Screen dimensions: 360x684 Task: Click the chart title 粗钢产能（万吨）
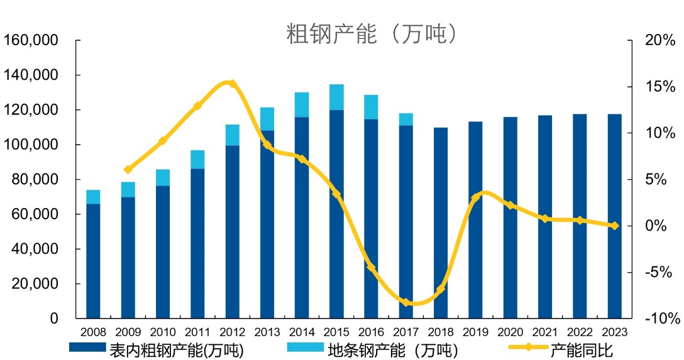(371, 34)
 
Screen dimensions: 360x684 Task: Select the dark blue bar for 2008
(93, 261)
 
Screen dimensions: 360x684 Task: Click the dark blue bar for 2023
(614, 217)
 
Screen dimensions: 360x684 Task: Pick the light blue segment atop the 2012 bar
(232, 135)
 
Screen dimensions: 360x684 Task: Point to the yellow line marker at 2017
(406, 302)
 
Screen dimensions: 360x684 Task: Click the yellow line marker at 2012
(231, 84)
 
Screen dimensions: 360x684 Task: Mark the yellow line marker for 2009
(128, 170)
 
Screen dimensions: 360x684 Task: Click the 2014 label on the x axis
(302, 331)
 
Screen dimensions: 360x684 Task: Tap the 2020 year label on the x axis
(510, 331)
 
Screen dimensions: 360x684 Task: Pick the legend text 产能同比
(581, 349)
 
